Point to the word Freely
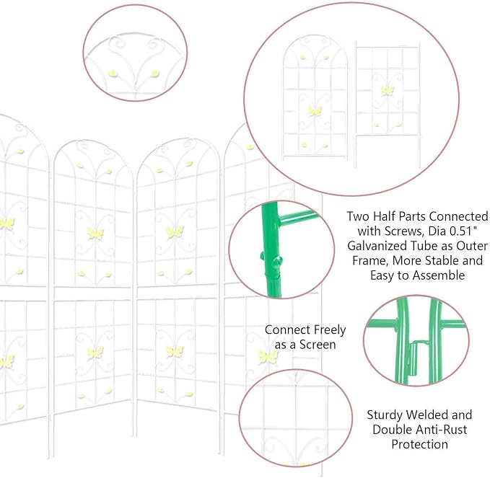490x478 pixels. click(x=330, y=330)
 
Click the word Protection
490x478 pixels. click(x=420, y=444)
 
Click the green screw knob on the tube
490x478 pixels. click(x=276, y=261)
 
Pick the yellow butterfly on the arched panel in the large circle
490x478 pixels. click(x=315, y=111)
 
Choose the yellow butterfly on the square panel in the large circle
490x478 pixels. click(x=388, y=91)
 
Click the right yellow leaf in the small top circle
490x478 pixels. click(x=155, y=74)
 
